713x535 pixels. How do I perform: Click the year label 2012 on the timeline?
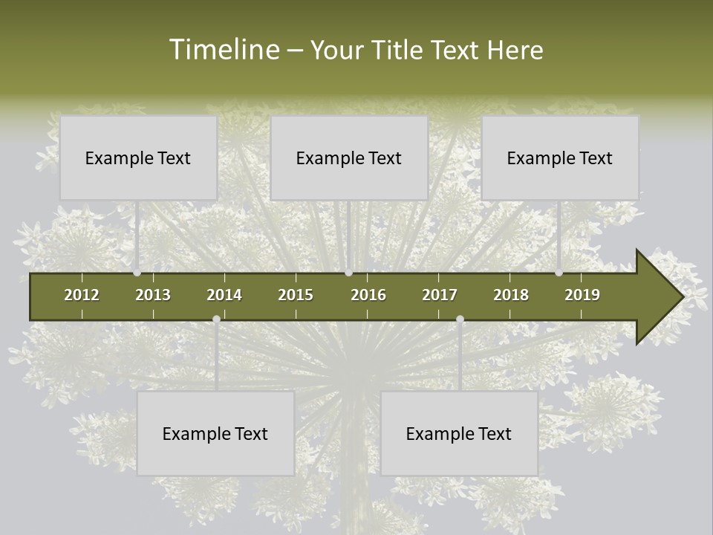coord(82,295)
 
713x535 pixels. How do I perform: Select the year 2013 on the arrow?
coord(153,295)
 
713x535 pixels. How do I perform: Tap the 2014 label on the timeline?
coord(224,295)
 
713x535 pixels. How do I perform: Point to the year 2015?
coord(296,295)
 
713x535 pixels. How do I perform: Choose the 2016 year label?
coord(368,295)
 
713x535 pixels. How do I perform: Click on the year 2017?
coord(440,295)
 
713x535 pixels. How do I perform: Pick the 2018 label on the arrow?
coord(511,295)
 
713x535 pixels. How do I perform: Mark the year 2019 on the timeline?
coord(582,295)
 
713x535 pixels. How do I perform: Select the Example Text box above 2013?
coord(138,158)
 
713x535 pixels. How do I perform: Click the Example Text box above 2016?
coord(349,158)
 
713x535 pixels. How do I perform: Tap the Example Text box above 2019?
coord(560,158)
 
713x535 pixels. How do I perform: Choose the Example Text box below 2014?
coord(215,433)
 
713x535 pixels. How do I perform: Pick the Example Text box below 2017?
coord(459,433)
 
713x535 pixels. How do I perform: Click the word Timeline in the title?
coord(224,50)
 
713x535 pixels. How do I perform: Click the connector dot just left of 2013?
coord(137,273)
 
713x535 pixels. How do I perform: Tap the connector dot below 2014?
coord(216,320)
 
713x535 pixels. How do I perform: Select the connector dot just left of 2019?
coord(559,273)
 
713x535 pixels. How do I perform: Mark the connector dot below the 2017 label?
coord(460,320)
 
